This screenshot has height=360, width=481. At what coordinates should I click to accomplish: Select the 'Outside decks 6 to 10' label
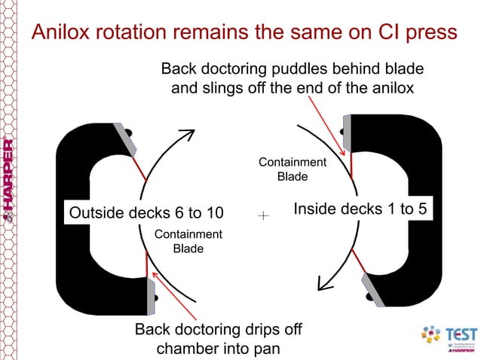[146, 212]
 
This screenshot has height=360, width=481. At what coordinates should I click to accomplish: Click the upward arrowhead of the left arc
[188, 136]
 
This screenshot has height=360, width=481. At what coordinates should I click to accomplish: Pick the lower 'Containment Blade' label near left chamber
[188, 241]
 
